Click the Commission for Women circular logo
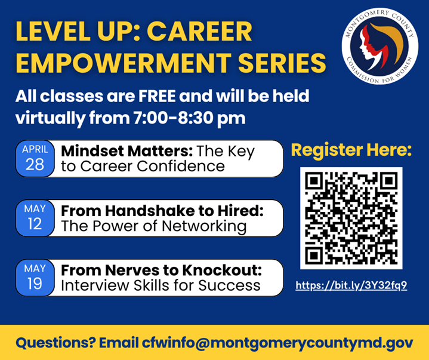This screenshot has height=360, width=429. pyautogui.click(x=379, y=47)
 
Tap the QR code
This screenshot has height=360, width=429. pyautogui.click(x=351, y=218)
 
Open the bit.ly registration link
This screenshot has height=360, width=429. pyautogui.click(x=351, y=285)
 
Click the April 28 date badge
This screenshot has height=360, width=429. pyautogui.click(x=35, y=159)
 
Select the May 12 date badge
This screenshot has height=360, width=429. pyautogui.click(x=35, y=218)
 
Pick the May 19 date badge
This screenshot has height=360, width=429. pyautogui.click(x=35, y=278)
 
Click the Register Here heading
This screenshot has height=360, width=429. pyautogui.click(x=351, y=150)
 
